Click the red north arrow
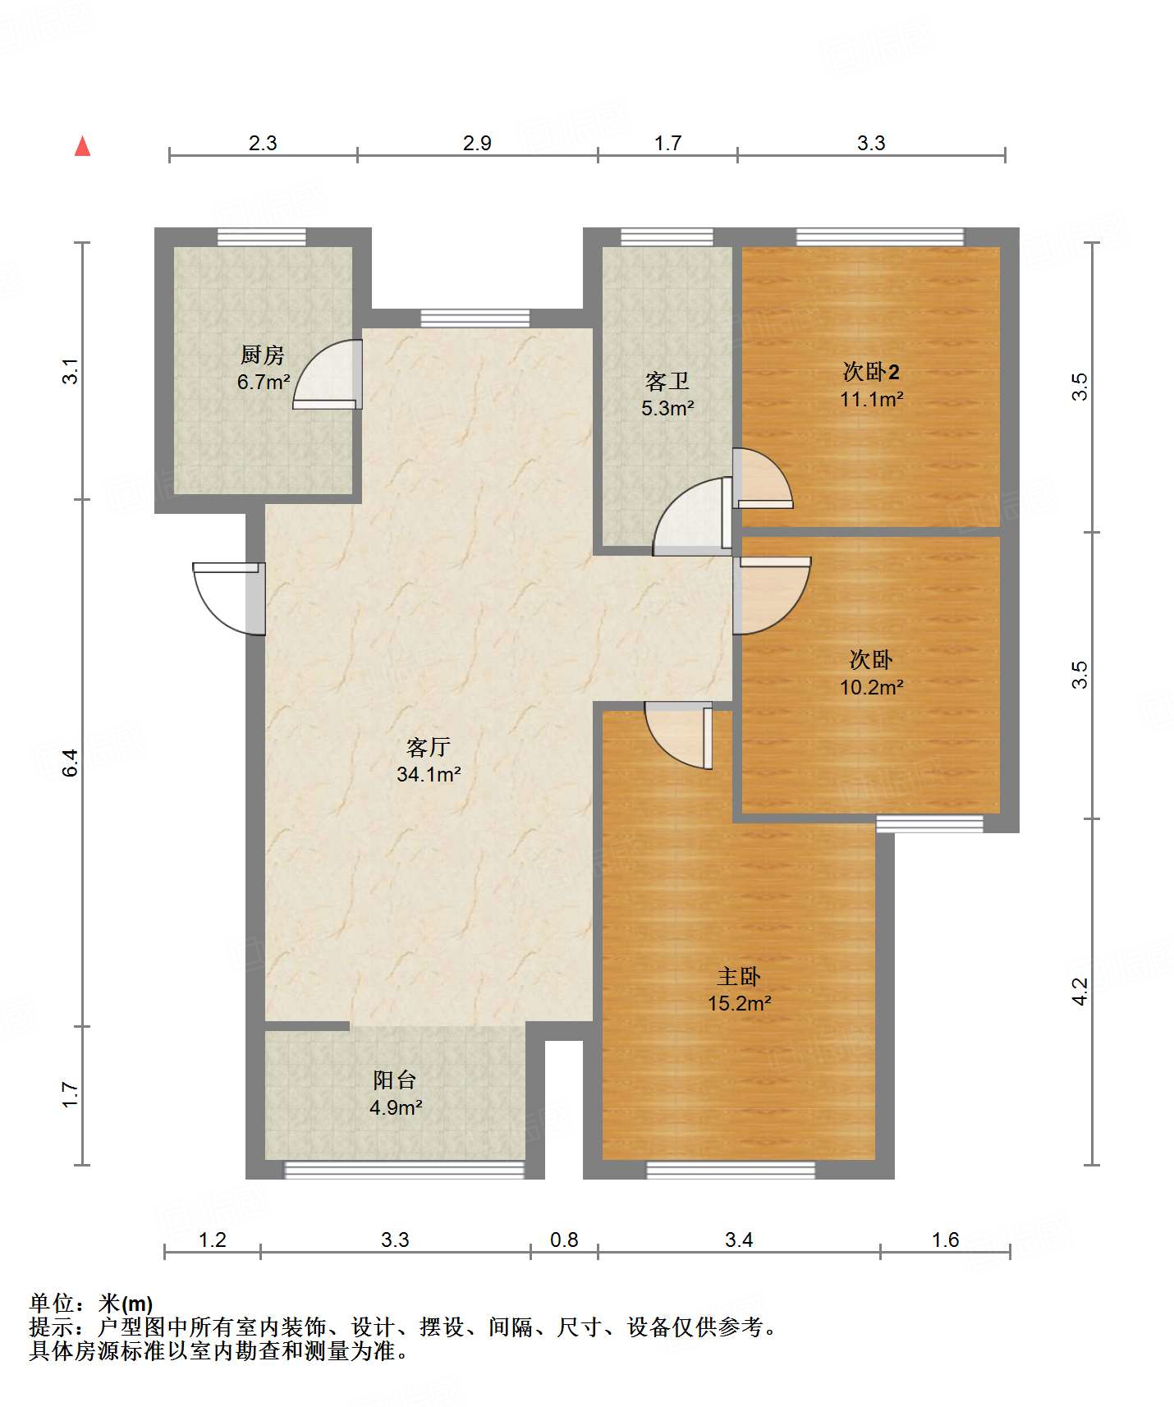pos(82,146)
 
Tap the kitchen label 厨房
pos(263,355)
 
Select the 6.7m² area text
pos(264,382)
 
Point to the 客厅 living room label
pos(429,747)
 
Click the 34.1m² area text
pos(429,774)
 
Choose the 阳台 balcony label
pos(395,1080)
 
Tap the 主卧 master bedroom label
pos(739,976)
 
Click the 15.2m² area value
pos(740,1003)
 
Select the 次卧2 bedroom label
pos(871,372)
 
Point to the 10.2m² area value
pos(872,687)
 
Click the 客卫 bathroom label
pos(667,381)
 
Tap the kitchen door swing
pos(328,374)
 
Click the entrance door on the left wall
pos(229,598)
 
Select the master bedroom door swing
pos(678,736)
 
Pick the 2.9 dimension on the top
pos(477,143)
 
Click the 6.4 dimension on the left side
pos(71,763)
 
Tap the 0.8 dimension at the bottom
pos(564,1240)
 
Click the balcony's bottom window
pos(404,1170)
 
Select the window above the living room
pos(475,319)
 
